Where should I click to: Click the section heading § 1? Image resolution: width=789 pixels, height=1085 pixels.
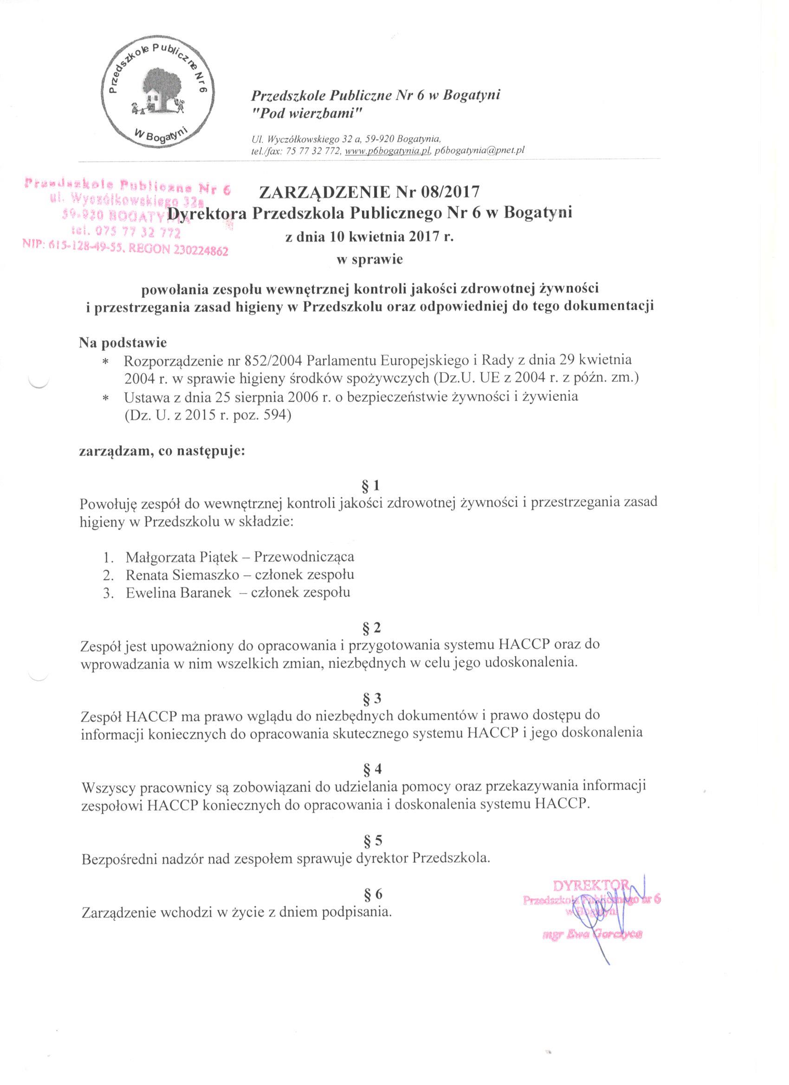click(371, 486)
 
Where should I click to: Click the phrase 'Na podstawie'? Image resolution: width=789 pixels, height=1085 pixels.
click(123, 343)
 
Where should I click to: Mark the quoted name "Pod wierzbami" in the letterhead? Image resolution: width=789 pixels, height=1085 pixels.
click(308, 113)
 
